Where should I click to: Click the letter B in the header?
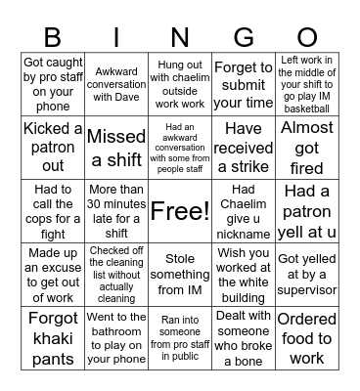click(53, 36)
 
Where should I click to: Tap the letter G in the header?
click(244, 36)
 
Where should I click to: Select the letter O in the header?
click(307, 36)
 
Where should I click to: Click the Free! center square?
click(179, 211)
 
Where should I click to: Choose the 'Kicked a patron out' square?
click(53, 147)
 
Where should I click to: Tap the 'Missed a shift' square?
click(116, 147)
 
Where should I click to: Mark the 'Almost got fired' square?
click(307, 147)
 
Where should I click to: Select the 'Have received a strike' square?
click(244, 147)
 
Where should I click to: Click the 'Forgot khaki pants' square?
click(53, 338)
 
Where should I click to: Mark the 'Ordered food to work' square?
click(307, 338)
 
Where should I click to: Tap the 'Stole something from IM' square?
click(179, 275)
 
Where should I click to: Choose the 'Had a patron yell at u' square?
click(307, 211)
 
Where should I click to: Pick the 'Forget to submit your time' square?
click(244, 84)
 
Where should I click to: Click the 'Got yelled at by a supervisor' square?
click(307, 275)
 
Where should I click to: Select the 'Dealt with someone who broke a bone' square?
click(244, 338)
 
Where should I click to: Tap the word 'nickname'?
click(244, 235)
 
